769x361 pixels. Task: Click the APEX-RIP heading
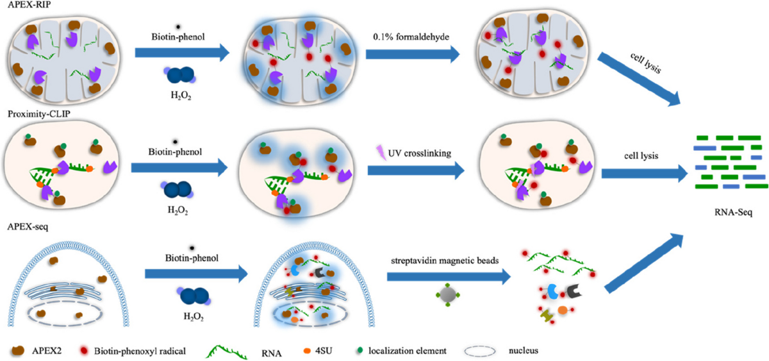click(x=21, y=5)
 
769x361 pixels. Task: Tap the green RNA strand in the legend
click(x=225, y=349)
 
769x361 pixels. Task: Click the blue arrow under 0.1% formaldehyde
click(x=413, y=53)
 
